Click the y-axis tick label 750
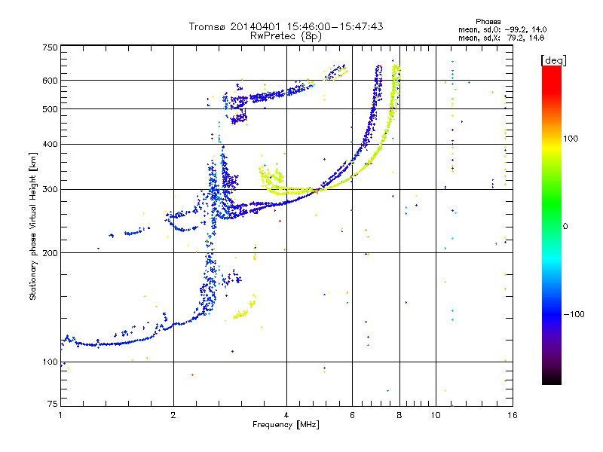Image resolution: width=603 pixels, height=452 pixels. coord(50,47)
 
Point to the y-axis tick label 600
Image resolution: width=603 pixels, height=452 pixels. coord(50,81)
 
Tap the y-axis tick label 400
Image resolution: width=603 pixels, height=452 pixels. coord(50,145)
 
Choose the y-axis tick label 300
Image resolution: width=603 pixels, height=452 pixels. coord(50,190)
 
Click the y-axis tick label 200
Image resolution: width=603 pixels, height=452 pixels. coord(50,253)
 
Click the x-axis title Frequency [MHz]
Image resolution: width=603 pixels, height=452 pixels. coord(286,426)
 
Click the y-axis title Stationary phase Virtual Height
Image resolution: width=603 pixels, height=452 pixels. coord(33,226)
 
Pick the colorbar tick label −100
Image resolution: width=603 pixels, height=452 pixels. coord(578,314)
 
